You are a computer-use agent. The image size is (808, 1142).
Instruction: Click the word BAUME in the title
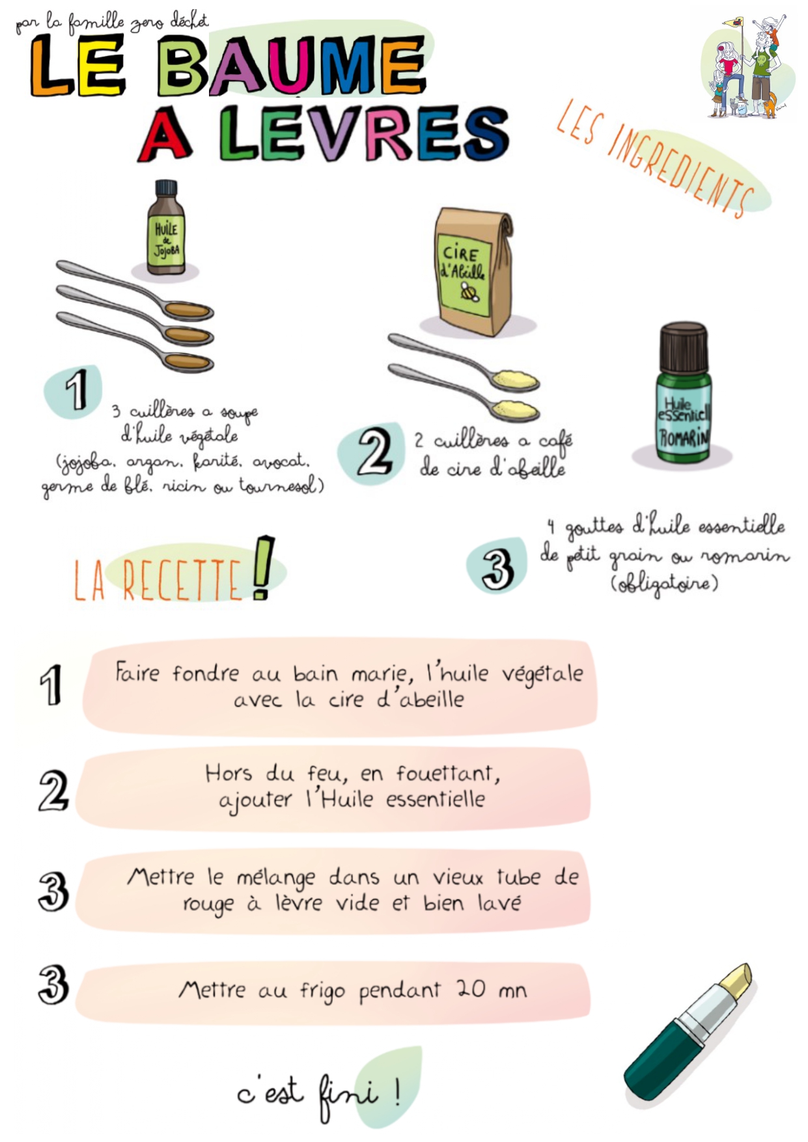pos(291,65)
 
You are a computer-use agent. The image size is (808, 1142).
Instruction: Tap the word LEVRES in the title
pos(364,133)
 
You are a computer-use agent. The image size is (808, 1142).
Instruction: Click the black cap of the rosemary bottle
pos(683,347)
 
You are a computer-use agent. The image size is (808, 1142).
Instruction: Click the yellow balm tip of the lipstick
pos(736,983)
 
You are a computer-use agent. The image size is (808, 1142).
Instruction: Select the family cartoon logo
pos(747,67)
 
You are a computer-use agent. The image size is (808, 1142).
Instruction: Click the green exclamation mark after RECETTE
pos(262,567)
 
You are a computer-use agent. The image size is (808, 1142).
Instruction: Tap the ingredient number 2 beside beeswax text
pos(374,452)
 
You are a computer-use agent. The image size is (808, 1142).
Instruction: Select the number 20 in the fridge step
pos(470,988)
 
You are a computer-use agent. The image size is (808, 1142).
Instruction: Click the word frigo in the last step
pos(322,992)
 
